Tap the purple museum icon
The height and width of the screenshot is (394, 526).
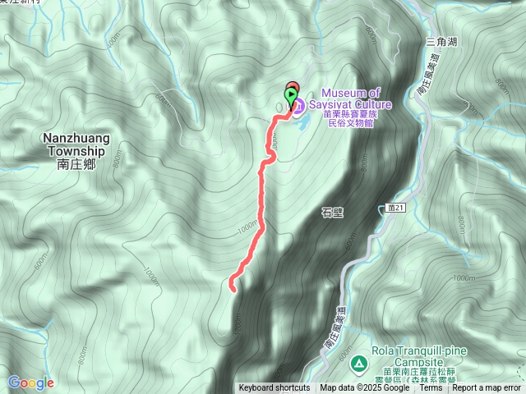click(298, 105)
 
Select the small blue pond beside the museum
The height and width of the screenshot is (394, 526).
click(299, 123)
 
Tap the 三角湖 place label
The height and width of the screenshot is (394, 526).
click(441, 40)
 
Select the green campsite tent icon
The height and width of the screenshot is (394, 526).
click(358, 363)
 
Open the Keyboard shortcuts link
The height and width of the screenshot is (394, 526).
click(275, 388)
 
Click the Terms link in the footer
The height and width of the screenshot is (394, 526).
click(431, 388)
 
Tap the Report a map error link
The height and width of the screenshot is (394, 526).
click(487, 388)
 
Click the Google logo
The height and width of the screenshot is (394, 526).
click(31, 383)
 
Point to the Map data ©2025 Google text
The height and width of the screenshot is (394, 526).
click(365, 388)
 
